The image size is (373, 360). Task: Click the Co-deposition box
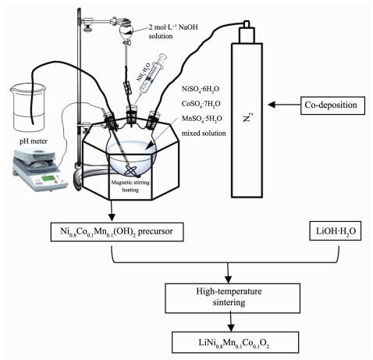pyautogui.click(x=332, y=105)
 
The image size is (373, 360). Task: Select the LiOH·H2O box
pyautogui.click(x=336, y=230)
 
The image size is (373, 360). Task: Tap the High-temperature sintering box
pyautogui.click(x=233, y=298)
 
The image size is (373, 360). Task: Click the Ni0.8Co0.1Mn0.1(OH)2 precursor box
pyautogui.click(x=117, y=231)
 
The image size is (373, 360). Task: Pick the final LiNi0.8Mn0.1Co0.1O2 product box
pyautogui.click(x=235, y=342)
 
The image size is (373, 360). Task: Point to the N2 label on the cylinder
pyautogui.click(x=247, y=118)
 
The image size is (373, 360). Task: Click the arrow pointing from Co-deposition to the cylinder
pyautogui.click(x=284, y=105)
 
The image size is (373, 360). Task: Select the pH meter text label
pyautogui.click(x=34, y=141)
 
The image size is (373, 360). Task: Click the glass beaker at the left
pyautogui.click(x=28, y=107)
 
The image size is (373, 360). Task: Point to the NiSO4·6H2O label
pyautogui.click(x=201, y=89)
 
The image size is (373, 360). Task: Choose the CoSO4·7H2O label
pyautogui.click(x=201, y=104)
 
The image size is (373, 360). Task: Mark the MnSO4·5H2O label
pyautogui.click(x=201, y=119)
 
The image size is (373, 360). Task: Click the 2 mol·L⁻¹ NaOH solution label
pyautogui.click(x=173, y=31)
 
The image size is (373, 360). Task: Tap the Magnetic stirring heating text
pyautogui.click(x=130, y=186)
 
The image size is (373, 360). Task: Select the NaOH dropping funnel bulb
pyautogui.click(x=126, y=31)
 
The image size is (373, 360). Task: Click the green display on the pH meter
pyautogui.click(x=48, y=179)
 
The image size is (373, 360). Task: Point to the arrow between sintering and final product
pyautogui.click(x=231, y=322)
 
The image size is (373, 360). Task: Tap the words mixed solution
pyautogui.click(x=204, y=134)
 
